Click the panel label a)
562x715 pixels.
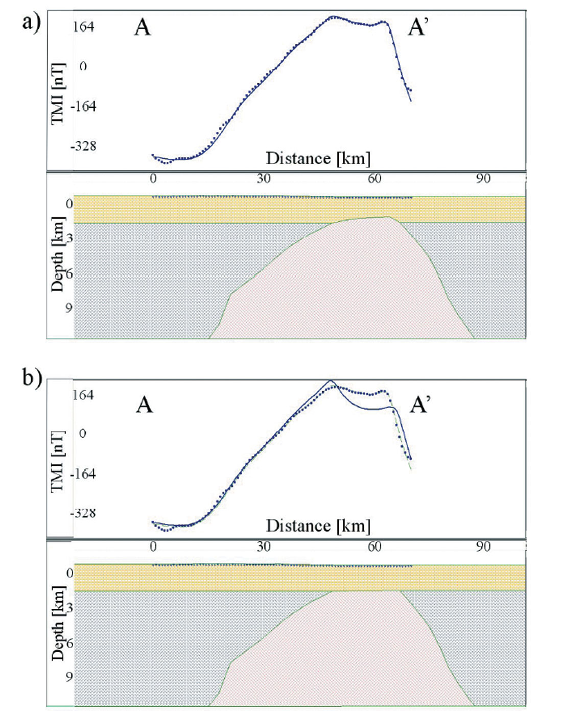click(31, 22)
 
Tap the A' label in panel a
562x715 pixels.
click(418, 27)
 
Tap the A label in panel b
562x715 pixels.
click(145, 405)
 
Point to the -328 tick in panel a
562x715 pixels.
click(84, 147)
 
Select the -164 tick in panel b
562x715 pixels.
click(83, 474)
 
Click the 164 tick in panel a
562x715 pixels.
click(83, 27)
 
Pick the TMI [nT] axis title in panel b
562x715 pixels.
click(58, 461)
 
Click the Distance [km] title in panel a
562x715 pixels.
click(318, 158)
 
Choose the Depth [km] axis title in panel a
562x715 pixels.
click(58, 254)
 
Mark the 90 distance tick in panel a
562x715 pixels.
click(483, 178)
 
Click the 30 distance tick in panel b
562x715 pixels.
click(264, 546)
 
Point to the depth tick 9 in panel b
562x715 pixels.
click(68, 676)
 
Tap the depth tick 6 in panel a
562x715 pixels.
click(68, 274)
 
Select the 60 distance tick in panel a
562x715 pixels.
click(374, 178)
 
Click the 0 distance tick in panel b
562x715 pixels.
click(153, 546)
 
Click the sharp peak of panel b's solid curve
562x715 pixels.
click(331, 380)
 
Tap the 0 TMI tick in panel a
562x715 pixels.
click(83, 66)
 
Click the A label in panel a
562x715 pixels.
click(143, 27)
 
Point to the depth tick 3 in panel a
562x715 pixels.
click(68, 237)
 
